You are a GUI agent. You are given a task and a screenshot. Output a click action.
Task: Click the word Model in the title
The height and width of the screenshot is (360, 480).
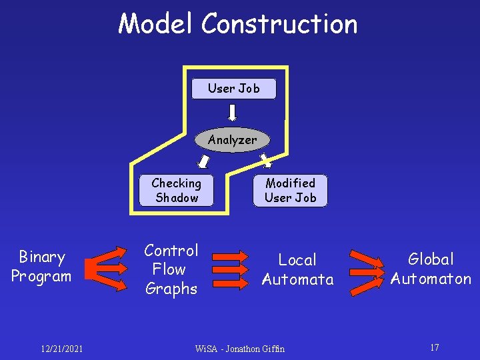[157, 24]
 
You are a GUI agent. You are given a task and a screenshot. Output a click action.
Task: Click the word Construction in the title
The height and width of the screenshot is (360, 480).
[279, 24]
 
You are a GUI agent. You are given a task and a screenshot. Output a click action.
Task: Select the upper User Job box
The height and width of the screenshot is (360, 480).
[234, 89]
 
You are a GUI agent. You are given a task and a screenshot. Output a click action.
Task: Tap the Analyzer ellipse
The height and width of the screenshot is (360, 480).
[232, 140]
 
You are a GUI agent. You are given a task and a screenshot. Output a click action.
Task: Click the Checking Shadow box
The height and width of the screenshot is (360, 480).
[177, 190]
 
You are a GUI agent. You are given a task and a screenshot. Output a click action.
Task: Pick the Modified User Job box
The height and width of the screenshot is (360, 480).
[290, 190]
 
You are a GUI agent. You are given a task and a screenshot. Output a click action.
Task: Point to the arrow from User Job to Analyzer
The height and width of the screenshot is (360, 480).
[233, 113]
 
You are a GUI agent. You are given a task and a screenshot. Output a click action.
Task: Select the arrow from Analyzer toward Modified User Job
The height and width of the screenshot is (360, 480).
[265, 160]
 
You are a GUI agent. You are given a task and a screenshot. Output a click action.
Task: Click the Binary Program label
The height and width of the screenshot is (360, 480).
[41, 267]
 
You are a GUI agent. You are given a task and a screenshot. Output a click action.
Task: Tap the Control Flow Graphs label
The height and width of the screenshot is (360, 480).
[171, 269]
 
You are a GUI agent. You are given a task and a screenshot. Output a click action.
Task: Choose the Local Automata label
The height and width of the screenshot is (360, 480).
[297, 269]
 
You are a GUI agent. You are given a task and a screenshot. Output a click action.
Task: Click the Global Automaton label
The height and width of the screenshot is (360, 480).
[431, 269]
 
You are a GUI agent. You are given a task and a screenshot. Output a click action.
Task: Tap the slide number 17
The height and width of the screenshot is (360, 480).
[434, 347]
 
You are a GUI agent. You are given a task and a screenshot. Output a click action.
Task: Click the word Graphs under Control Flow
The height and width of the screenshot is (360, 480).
[171, 289]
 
